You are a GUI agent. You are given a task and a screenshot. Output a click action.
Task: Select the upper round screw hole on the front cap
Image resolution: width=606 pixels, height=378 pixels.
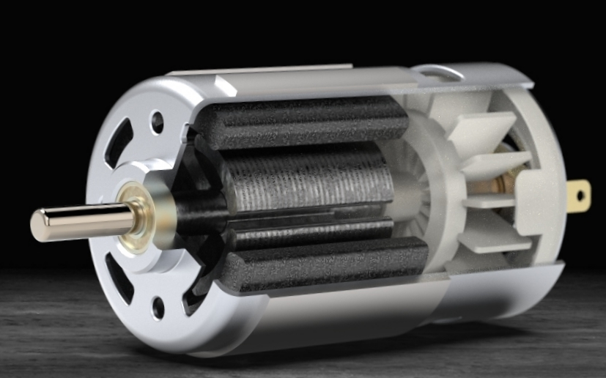[x=156, y=122]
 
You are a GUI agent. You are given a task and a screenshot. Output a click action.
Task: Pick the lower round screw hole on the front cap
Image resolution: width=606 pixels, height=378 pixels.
[x=158, y=308]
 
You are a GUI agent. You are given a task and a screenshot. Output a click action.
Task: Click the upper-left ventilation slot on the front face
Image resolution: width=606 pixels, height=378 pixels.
[x=119, y=143]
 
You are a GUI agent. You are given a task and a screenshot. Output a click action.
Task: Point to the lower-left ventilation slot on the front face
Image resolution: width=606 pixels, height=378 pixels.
[x=119, y=278]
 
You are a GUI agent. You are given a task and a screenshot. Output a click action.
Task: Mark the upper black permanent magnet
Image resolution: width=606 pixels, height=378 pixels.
[x=300, y=121]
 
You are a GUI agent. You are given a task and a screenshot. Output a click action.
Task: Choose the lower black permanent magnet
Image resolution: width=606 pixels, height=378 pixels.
[x=322, y=264]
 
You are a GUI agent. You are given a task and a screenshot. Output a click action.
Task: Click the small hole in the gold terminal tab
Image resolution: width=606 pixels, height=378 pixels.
[x=581, y=196]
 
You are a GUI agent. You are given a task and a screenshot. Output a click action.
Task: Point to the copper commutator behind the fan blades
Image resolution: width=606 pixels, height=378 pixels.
[x=506, y=179]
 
